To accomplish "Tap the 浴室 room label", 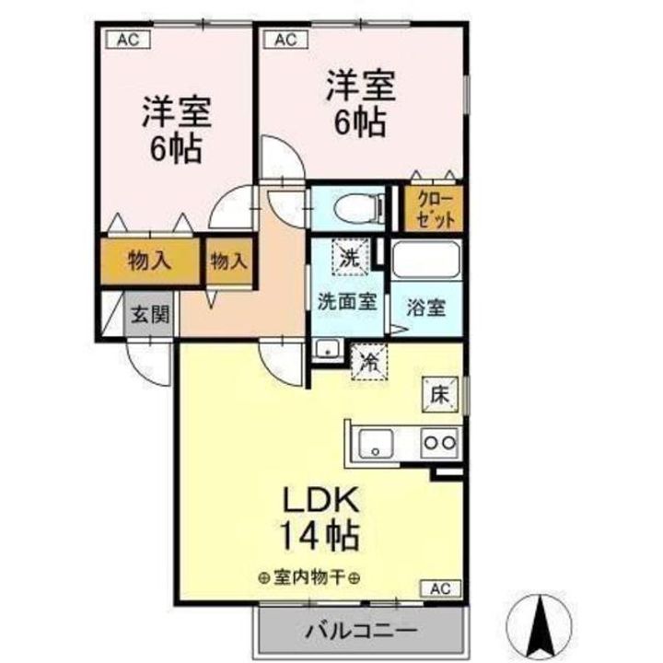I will [x=425, y=307].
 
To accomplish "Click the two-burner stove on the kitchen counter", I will [x=439, y=442].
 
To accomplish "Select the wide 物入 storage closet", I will [x=149, y=261].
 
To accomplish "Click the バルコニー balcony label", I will [x=361, y=632].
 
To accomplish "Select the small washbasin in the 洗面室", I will [x=324, y=349].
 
